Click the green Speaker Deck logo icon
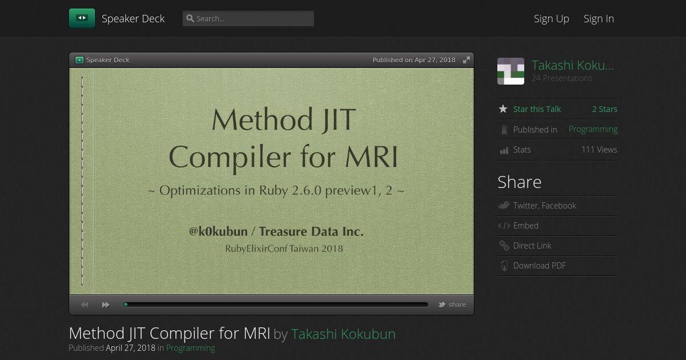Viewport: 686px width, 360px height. coord(82,18)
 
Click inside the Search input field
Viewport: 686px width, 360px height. coord(248,18)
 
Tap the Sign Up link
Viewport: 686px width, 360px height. coord(551,19)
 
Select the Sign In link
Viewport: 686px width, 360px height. coord(599,19)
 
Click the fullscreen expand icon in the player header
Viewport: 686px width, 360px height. coord(466,60)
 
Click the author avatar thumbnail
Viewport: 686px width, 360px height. coord(510,71)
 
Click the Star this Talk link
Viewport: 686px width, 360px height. coord(537,109)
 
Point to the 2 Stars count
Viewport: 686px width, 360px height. coord(605,109)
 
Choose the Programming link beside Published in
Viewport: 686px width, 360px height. coord(593,129)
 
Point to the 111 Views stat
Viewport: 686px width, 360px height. coord(599,150)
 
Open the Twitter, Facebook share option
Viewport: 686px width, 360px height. coord(544,205)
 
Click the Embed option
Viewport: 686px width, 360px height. coord(525,226)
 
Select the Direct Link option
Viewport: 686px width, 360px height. coord(532,246)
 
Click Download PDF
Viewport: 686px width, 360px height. coord(539,265)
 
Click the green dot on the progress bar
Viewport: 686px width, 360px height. coord(126,305)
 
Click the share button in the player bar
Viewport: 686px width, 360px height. coord(452,305)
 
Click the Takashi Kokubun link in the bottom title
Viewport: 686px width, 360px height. coord(343,334)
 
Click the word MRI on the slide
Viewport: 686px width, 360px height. coord(372,157)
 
